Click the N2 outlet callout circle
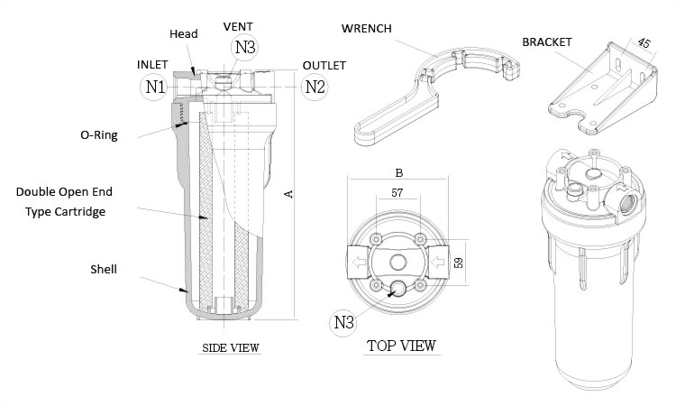point(314,88)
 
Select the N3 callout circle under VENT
point(244,47)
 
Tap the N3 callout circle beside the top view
point(344,319)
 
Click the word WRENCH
point(366,27)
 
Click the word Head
point(184,33)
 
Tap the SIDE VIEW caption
point(229,347)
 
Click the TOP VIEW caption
point(401,346)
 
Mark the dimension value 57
point(397,193)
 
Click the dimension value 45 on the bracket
point(644,44)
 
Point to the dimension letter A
point(288,193)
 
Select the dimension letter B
point(397,169)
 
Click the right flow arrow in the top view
point(438,263)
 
